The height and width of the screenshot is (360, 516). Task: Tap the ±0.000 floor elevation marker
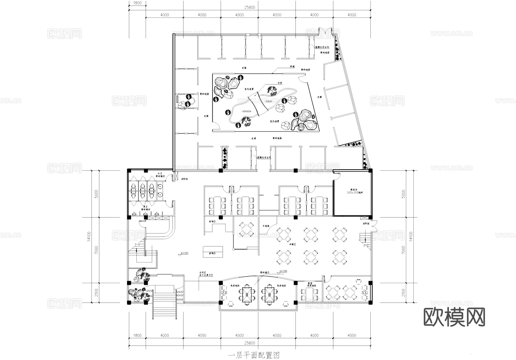point(184,253)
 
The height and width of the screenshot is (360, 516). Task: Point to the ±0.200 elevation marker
point(283,271)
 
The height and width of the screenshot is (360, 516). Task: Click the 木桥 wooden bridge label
point(279,83)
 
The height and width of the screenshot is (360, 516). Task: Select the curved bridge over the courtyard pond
point(258,104)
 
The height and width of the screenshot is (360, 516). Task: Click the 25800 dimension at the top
point(250,7)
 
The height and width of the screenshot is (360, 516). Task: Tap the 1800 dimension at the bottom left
point(137,335)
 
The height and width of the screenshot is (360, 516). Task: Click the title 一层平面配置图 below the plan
point(254,356)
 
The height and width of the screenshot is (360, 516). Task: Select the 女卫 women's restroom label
point(160,174)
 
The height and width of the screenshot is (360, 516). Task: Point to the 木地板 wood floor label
point(266,226)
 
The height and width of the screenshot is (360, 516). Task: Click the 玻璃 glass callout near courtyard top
point(292,67)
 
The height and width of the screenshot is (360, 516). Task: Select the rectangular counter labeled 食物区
point(213,252)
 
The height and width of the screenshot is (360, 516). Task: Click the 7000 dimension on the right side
point(404,250)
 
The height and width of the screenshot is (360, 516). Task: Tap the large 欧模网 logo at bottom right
point(454,317)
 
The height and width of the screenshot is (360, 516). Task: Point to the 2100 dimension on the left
point(96,293)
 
